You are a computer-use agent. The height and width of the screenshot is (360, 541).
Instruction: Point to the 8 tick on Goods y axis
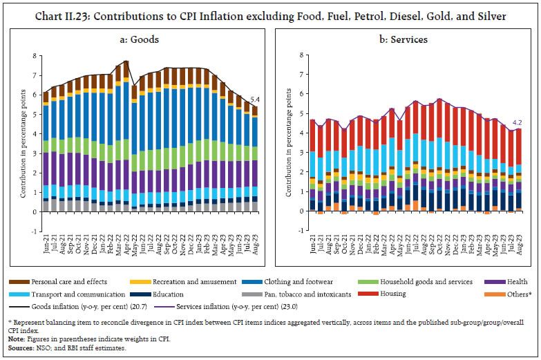[x=35, y=55]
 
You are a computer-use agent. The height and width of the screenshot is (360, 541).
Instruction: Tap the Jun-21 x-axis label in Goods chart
[x=46, y=226]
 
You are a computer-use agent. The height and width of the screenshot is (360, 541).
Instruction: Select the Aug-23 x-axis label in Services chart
[x=518, y=226]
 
